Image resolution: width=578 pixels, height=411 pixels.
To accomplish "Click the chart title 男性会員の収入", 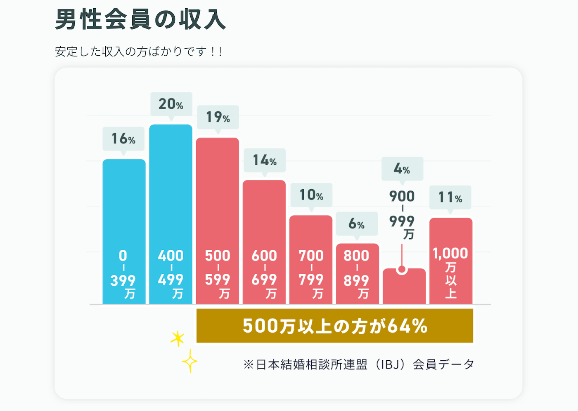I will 140,19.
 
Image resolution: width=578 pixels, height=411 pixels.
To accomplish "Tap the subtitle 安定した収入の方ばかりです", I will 139,52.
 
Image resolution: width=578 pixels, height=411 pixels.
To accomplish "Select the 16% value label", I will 123,139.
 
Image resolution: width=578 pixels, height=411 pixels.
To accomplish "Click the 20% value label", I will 171,104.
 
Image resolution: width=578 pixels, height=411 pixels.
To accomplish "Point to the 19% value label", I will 218,117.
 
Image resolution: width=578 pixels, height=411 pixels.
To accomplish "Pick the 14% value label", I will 265,160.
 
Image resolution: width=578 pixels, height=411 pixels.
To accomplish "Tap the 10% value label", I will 311,195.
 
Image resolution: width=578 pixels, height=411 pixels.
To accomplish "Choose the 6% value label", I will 357,223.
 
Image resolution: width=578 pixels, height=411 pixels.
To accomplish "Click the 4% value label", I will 402,168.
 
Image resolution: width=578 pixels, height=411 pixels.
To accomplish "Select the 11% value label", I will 450,197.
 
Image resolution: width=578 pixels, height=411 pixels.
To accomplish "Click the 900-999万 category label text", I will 402,214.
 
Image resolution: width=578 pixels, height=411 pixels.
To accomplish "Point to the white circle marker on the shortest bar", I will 402,270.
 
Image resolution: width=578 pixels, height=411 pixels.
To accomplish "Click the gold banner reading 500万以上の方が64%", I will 334,326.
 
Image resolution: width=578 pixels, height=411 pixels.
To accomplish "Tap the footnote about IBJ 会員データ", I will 358,364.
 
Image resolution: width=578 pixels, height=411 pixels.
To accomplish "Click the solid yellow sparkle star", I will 178,338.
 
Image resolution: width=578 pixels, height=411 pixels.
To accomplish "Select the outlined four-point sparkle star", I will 190,361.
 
